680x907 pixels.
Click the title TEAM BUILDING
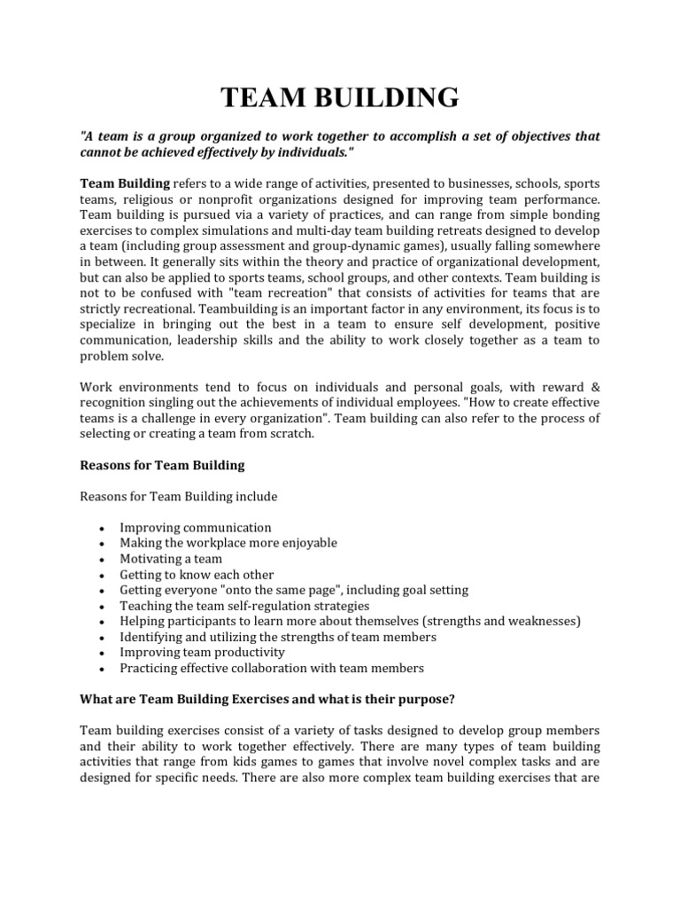(340, 97)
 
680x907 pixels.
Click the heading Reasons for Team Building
(162, 464)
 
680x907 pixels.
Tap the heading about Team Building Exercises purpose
(267, 699)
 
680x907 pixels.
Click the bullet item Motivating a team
(171, 559)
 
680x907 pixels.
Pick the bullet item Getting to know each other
(197, 575)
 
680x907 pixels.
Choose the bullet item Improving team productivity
(202, 652)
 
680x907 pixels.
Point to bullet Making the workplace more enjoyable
(228, 543)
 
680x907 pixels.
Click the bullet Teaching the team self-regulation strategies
(244, 606)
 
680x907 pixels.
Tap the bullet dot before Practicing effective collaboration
(104, 669)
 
